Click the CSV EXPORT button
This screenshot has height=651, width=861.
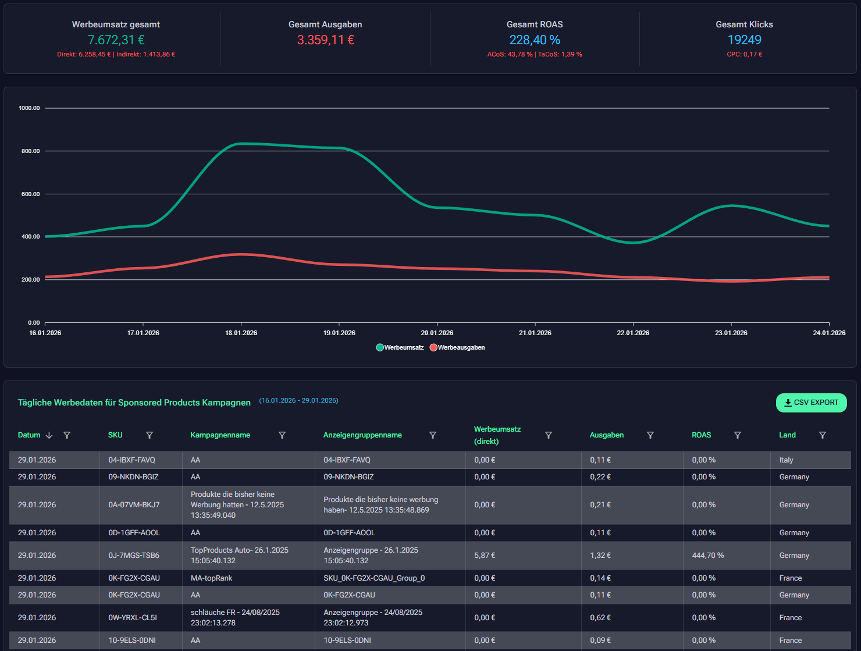pos(811,403)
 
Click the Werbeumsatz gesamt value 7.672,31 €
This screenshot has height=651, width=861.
pos(116,40)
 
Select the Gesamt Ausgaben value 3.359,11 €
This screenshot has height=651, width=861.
pos(325,40)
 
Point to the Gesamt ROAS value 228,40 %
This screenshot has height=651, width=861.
pos(535,40)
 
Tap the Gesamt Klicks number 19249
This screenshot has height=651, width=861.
pos(744,40)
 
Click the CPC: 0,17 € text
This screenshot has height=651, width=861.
pos(744,54)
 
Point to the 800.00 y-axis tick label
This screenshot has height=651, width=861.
pos(30,151)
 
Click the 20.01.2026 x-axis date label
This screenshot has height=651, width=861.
pos(437,333)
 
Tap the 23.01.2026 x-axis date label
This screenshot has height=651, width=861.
pos(731,333)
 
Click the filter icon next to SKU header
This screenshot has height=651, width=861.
pos(150,435)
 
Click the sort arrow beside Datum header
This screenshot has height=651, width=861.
pos(49,435)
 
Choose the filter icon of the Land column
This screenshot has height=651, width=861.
pos(823,435)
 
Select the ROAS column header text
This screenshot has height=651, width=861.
pos(701,435)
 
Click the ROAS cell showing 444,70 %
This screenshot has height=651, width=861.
pos(708,556)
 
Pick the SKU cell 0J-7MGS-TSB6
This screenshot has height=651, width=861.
pos(134,556)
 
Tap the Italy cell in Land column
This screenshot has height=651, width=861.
pos(786,460)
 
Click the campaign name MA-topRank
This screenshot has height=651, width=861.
pos(211,578)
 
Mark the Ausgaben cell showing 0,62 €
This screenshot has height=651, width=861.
pos(600,618)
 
